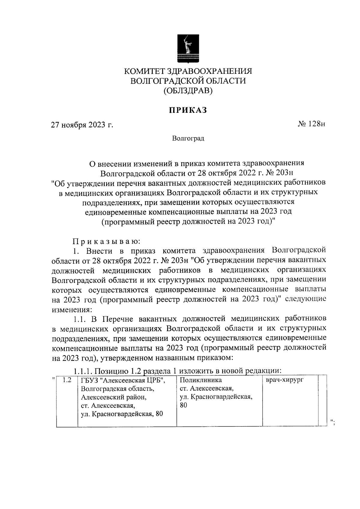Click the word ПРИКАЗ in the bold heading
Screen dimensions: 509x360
[188, 110]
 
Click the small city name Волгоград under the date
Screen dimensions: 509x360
[188, 139]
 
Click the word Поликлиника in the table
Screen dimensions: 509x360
[201, 380]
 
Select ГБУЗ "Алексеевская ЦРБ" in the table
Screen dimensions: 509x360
[123, 380]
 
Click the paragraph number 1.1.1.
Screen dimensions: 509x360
[82, 371]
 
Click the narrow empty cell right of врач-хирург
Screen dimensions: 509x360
[322, 399]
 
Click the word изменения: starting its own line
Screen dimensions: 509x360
[70, 309]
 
